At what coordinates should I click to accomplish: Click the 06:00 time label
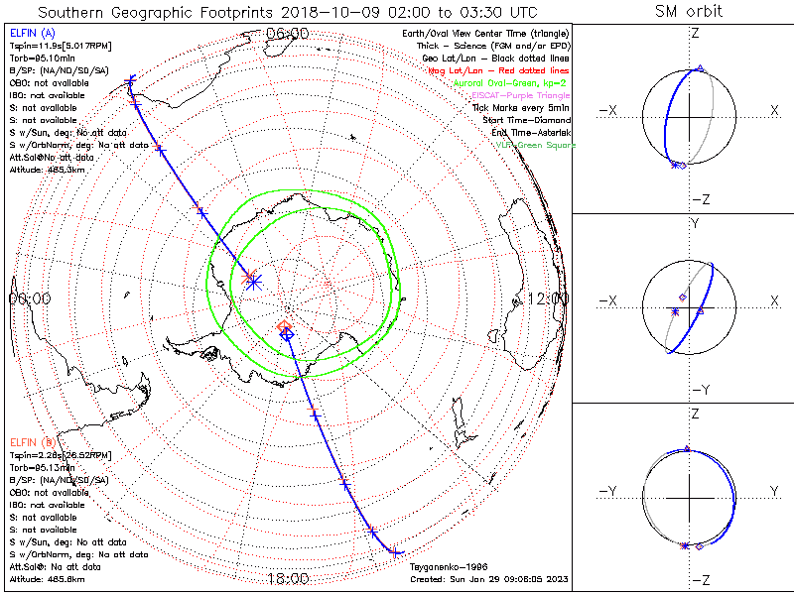coord(287,34)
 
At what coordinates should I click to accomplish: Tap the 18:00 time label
coord(287,577)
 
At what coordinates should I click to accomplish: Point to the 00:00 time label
coord(30,297)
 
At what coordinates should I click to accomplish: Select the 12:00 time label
coord(549,298)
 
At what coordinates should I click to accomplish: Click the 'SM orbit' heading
coord(689,12)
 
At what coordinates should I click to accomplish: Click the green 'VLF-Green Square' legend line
coord(535,145)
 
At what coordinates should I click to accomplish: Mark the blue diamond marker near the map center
coord(287,335)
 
